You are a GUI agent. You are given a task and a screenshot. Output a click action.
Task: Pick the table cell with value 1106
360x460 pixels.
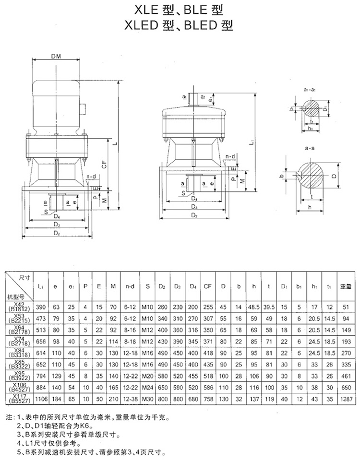click(42, 398)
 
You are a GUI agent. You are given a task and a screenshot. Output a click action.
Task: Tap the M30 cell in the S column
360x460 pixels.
click(148, 398)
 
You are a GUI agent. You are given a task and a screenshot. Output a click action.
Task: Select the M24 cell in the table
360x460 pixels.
click(148, 387)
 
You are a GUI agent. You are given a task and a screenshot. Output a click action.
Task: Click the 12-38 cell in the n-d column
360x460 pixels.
click(130, 398)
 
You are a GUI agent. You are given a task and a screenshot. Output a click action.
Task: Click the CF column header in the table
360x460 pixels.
click(208, 286)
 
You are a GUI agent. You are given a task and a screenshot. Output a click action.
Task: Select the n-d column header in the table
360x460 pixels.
click(130, 286)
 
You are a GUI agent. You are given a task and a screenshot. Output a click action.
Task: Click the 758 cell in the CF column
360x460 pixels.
click(208, 398)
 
